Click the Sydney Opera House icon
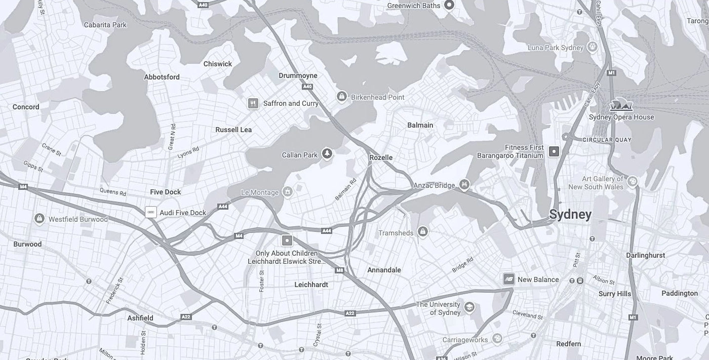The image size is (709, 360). (621, 105)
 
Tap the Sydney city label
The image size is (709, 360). (570, 215)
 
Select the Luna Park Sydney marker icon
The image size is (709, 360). (593, 48)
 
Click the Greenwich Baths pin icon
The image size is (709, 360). (449, 5)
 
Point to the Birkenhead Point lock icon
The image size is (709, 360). (342, 96)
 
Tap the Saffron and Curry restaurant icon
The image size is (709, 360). (253, 103)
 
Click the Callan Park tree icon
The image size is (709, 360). (327, 154)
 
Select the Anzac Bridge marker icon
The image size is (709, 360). (464, 185)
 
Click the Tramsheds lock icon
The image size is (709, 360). (423, 232)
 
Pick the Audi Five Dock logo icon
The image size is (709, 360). (151, 212)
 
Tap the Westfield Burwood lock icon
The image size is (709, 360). (39, 219)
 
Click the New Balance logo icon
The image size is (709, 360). (508, 279)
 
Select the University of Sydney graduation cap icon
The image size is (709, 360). (469, 307)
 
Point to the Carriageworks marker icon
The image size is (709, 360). (497, 339)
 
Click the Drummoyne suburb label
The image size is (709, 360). (298, 76)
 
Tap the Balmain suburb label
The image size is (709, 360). (420, 125)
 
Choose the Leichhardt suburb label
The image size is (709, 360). (311, 285)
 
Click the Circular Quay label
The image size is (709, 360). (607, 140)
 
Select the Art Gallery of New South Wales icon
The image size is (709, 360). (632, 181)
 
